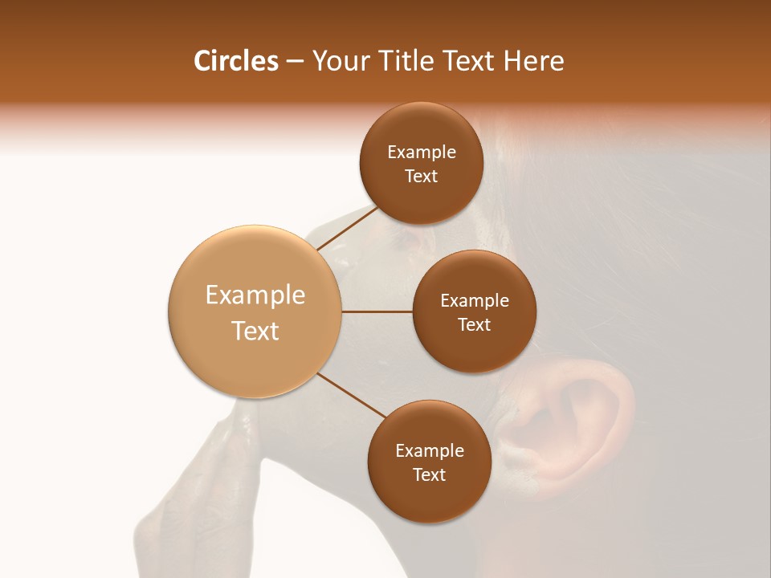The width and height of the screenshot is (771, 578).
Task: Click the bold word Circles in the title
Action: (x=235, y=61)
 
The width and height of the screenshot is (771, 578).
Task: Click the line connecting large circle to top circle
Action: (x=347, y=228)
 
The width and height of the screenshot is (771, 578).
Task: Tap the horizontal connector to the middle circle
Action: (x=377, y=311)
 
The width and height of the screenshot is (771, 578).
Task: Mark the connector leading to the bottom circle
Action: (x=351, y=395)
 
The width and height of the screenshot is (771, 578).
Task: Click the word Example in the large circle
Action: (x=255, y=295)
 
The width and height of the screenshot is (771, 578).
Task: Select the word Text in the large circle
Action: (x=255, y=331)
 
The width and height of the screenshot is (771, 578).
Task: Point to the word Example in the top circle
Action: (x=422, y=152)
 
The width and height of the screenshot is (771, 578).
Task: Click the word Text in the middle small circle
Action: (x=474, y=324)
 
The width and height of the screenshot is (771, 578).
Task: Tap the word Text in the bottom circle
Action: (x=429, y=474)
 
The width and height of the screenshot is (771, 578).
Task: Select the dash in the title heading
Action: (x=294, y=61)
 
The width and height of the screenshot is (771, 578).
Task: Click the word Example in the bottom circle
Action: (x=430, y=450)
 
